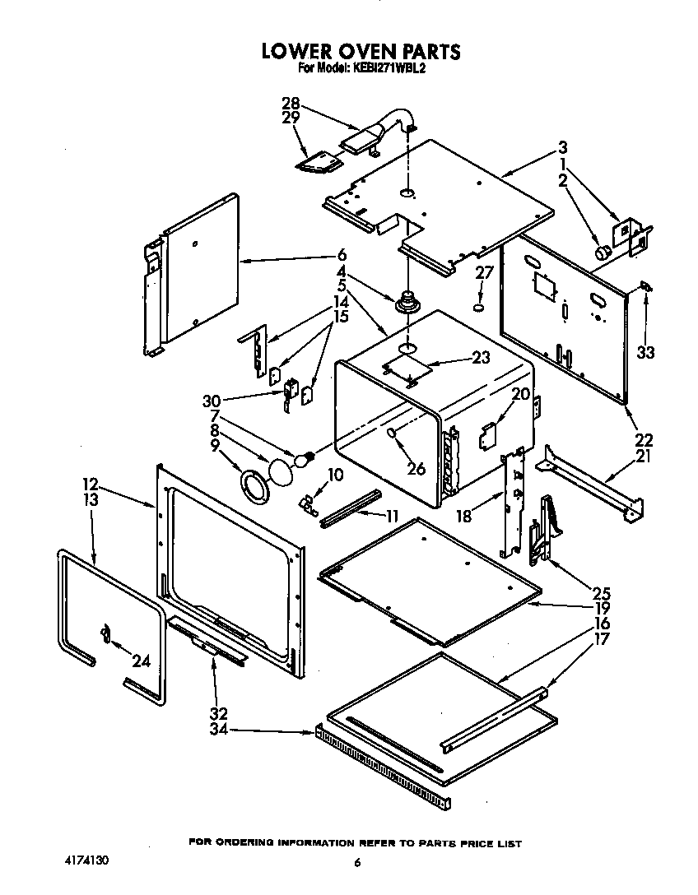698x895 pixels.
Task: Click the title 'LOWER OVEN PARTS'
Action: pyautogui.click(x=361, y=51)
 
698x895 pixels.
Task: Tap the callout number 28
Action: pyautogui.click(x=290, y=104)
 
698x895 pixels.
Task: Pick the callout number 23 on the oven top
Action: pyautogui.click(x=458, y=358)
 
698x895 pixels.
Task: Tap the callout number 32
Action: pyautogui.click(x=218, y=714)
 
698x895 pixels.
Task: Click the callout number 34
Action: pyautogui.click(x=218, y=730)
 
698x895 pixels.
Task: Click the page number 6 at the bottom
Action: pyautogui.click(x=356, y=862)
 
